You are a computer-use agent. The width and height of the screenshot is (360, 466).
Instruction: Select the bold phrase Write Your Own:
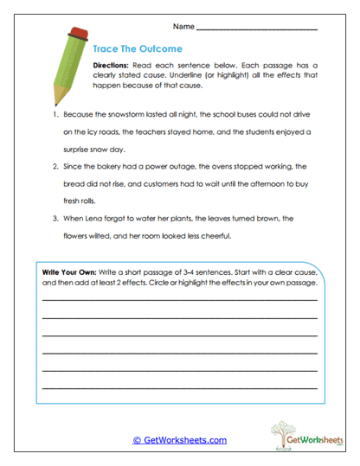[72, 272]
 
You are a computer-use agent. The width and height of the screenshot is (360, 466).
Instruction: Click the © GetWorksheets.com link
[179, 440]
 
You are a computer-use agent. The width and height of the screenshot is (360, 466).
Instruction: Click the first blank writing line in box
[179, 298]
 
